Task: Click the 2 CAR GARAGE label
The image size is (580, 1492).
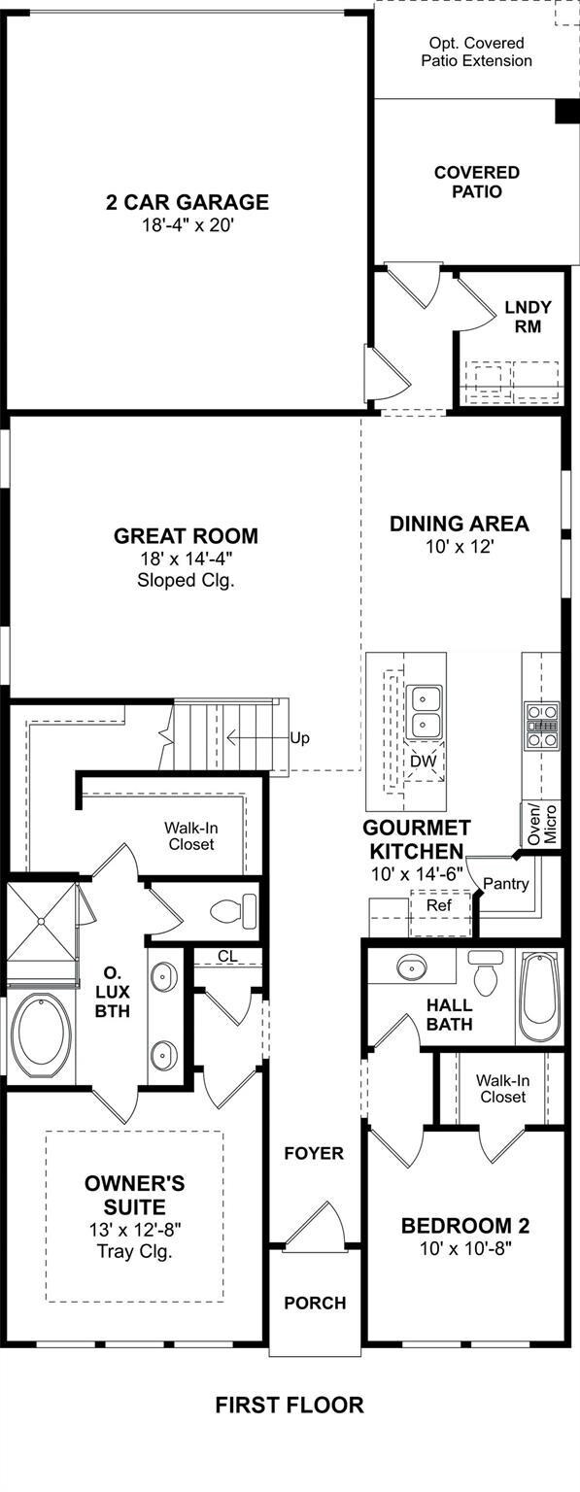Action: (x=188, y=202)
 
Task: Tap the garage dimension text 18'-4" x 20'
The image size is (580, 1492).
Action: (x=188, y=225)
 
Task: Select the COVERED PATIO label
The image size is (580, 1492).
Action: (x=477, y=182)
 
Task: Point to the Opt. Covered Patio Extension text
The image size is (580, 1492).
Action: (x=477, y=51)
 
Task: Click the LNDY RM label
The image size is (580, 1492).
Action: (x=529, y=317)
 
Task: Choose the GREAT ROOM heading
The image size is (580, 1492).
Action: (x=186, y=535)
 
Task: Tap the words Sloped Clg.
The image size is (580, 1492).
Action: (x=186, y=580)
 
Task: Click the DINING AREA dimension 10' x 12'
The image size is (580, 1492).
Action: (x=460, y=547)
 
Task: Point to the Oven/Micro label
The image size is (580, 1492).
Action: (x=543, y=824)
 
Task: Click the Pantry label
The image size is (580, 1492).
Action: (x=506, y=884)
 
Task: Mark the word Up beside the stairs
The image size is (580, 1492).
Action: (x=299, y=738)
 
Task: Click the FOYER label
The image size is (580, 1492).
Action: (x=314, y=1153)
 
